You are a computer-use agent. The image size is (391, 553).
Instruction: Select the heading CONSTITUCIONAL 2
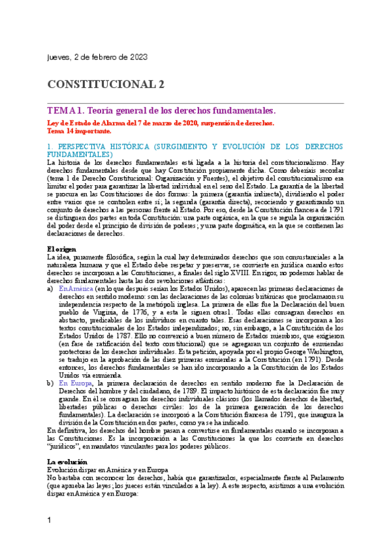(x=106, y=84)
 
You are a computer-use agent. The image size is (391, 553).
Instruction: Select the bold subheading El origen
(x=61, y=248)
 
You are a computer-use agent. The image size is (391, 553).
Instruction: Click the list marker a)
(x=51, y=288)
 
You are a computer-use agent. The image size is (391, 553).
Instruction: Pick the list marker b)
(x=51, y=382)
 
